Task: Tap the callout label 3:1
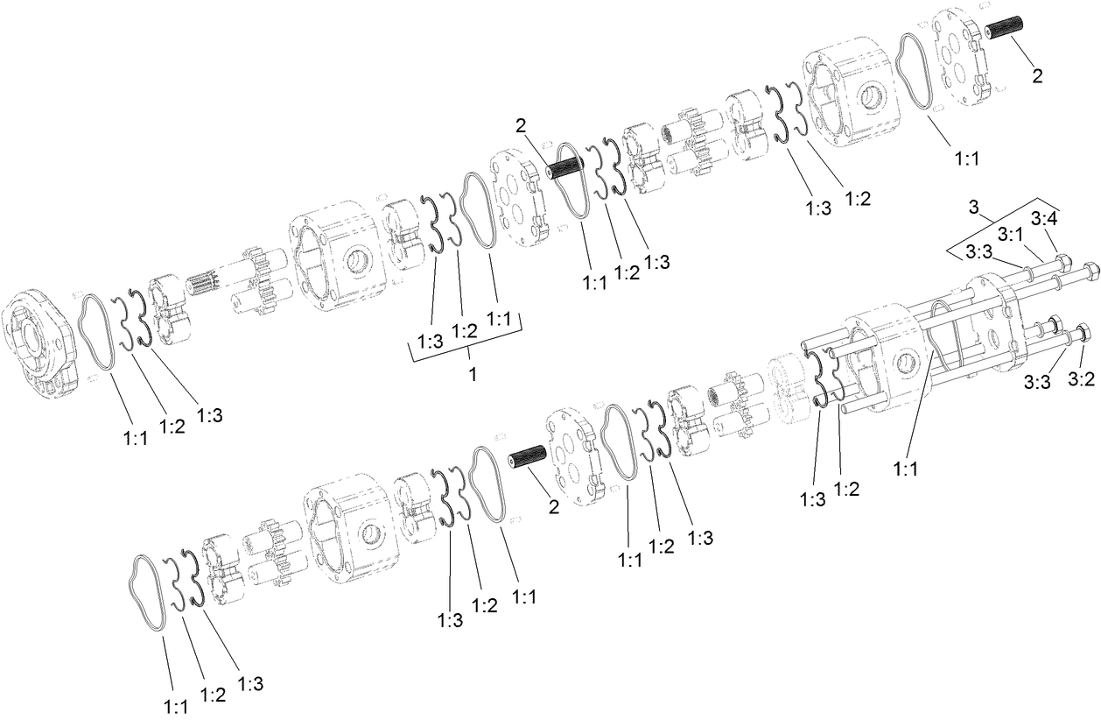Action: (x=1011, y=235)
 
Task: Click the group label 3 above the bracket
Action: (x=973, y=207)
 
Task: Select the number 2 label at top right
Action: (x=1037, y=75)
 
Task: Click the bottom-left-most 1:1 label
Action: (x=176, y=706)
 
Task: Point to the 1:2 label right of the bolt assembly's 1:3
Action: (x=846, y=489)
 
